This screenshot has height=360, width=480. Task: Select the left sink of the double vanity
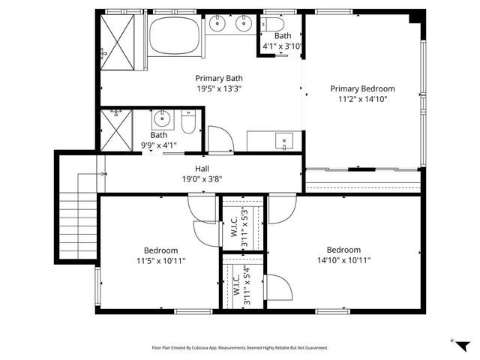[218, 24]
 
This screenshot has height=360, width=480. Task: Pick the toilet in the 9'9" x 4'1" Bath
[188, 122]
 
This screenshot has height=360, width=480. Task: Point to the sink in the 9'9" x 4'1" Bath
[162, 118]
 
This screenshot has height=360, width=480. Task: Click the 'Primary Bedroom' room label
[362, 88]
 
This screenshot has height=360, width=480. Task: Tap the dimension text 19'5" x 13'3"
[219, 88]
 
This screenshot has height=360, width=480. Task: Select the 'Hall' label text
[202, 169]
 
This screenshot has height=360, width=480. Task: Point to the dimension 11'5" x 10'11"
[161, 260]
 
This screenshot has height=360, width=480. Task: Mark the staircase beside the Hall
[78, 217]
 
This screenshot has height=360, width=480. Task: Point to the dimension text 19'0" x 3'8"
[202, 179]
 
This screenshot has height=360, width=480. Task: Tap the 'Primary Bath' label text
[219, 78]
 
